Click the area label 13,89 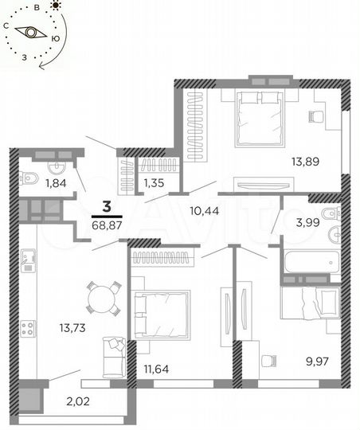(306, 162)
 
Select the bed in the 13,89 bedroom (259, 119)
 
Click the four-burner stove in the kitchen (27, 328)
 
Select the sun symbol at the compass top (55, 6)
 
